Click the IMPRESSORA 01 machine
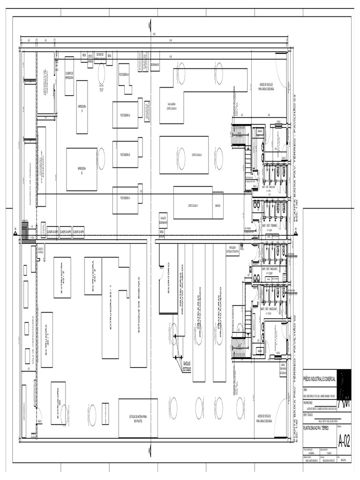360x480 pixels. (82, 107)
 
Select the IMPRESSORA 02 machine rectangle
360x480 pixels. (82, 169)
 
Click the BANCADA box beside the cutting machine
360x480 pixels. (218, 206)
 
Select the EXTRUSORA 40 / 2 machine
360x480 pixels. (62, 277)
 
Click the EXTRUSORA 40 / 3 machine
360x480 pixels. (93, 276)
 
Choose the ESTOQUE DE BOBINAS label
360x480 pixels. (139, 305)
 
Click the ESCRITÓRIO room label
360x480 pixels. (168, 278)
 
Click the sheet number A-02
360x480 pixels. (344, 441)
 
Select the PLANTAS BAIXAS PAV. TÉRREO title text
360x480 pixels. (316, 428)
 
